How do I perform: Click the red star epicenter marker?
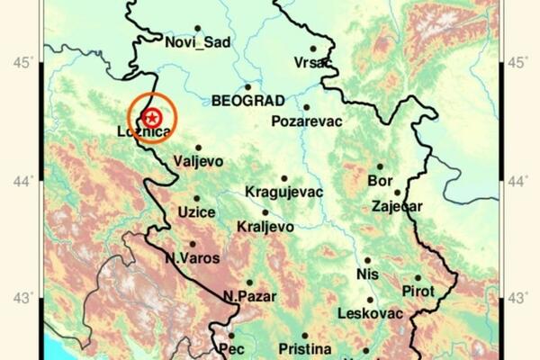click(x=153, y=116)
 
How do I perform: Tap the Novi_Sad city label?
click(x=198, y=42)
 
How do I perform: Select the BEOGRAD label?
click(x=248, y=100)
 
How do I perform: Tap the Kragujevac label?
click(x=283, y=192)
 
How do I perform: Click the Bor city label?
click(x=380, y=180)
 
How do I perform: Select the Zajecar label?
click(x=397, y=206)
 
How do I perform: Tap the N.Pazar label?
click(x=250, y=296)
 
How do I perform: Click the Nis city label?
click(x=367, y=273)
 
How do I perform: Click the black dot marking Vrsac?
click(x=313, y=49)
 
